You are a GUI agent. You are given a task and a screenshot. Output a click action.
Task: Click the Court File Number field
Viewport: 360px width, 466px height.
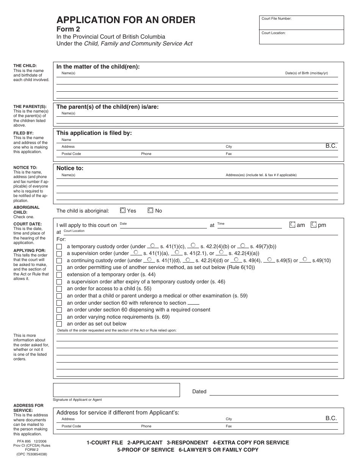(301, 23)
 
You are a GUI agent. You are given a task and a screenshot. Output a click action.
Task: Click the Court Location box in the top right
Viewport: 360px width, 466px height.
(301, 38)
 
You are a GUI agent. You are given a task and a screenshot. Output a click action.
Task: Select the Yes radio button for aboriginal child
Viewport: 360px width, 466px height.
(123, 210)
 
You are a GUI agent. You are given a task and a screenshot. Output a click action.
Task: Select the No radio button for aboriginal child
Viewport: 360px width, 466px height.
(150, 210)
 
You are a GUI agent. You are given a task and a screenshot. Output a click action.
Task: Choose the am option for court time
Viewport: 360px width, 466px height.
(292, 225)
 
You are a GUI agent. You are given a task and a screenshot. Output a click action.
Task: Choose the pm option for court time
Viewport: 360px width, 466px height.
(313, 225)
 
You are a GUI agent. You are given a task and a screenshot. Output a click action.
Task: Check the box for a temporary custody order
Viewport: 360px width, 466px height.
(59, 247)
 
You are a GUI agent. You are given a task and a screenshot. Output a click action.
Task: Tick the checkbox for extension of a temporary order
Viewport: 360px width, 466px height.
(59, 275)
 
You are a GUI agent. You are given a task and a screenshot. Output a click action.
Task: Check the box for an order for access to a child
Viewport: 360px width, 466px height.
(59, 289)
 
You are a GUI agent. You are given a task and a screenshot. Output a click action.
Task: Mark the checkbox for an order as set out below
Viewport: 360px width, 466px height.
(59, 324)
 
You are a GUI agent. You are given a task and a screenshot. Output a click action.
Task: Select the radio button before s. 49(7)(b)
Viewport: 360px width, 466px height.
(243, 246)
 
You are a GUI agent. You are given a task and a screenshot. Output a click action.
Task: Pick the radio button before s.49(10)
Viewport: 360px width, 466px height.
(305, 260)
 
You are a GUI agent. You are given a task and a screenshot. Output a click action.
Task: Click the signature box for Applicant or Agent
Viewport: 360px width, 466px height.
(116, 390)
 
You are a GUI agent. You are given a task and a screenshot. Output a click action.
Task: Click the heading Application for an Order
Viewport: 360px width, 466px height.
(126, 20)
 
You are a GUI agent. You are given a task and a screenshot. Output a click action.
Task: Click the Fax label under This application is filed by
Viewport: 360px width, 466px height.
(229, 154)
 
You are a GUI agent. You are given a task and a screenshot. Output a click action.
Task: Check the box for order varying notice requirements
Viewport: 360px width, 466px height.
(59, 317)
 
